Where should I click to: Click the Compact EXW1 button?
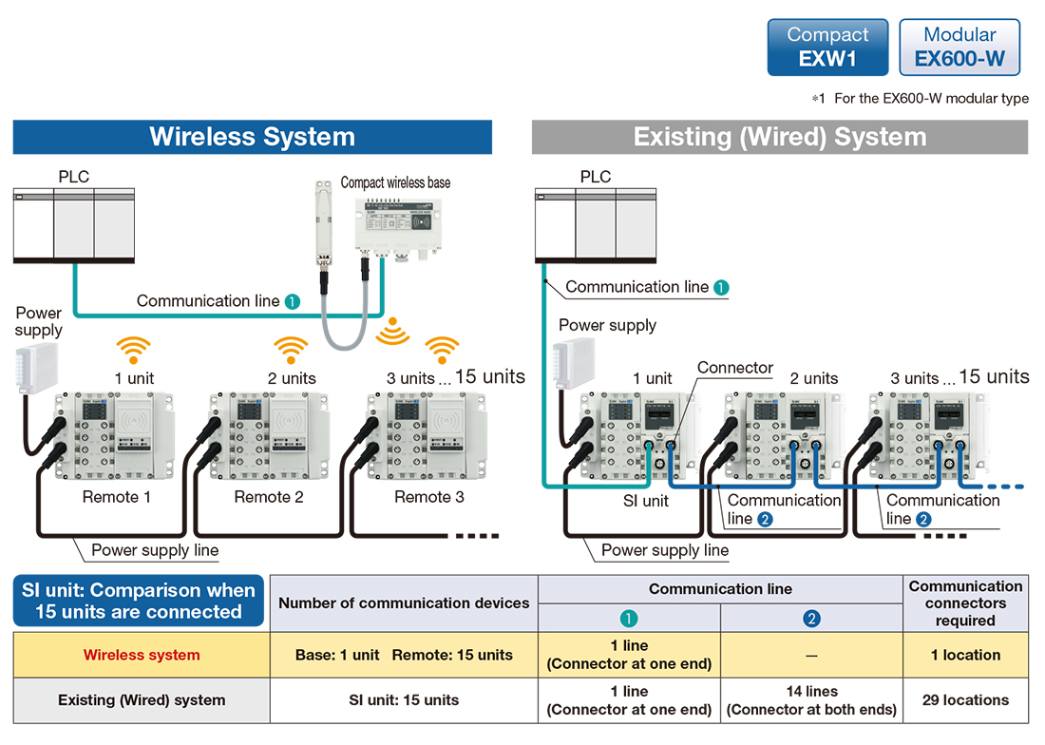(827, 48)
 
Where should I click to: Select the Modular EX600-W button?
(959, 48)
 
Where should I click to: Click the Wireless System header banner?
(253, 137)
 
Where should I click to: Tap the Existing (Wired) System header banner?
(780, 137)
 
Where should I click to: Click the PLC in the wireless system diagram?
(74, 225)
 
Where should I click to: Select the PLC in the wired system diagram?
(596, 225)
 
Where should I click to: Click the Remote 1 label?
(117, 497)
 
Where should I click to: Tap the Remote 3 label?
(429, 497)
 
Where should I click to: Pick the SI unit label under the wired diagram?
(646, 501)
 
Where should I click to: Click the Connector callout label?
(735, 368)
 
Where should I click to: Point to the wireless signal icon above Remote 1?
(134, 350)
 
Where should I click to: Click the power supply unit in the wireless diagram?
(36, 369)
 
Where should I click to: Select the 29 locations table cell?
(966, 700)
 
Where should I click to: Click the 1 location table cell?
(966, 655)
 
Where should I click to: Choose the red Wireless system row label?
(142, 655)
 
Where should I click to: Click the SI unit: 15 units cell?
(404, 700)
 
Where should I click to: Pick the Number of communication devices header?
(404, 603)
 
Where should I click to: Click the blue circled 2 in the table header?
(811, 619)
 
